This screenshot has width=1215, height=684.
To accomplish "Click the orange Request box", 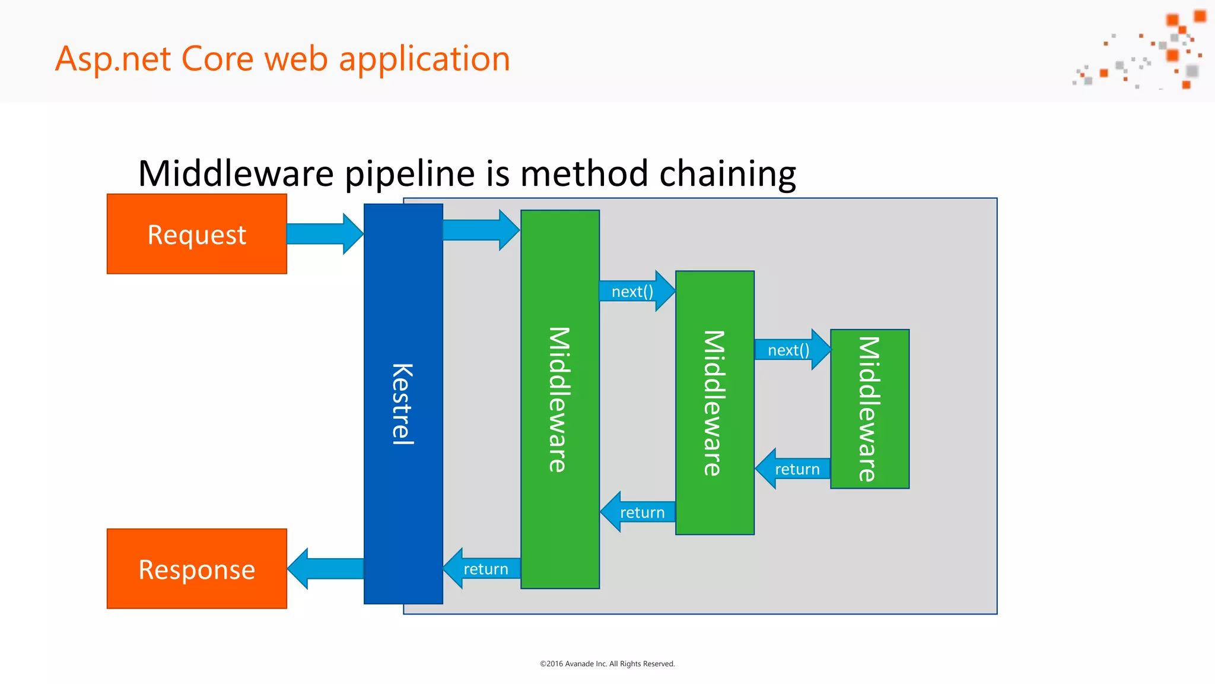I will (x=196, y=234).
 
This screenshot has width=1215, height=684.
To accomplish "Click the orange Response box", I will (x=196, y=569).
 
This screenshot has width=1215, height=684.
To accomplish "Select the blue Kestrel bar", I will (x=403, y=404).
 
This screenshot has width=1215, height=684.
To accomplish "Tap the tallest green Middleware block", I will (x=559, y=399).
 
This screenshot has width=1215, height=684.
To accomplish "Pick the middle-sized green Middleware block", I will (x=714, y=403).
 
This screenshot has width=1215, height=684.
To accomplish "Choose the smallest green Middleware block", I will (x=869, y=408).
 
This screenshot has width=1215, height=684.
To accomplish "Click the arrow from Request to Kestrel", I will (x=323, y=234).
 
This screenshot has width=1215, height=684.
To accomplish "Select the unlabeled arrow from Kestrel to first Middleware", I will (x=479, y=230).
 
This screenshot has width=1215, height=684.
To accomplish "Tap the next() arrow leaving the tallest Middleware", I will (x=635, y=291).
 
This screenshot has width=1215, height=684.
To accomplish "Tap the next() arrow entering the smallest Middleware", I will (x=790, y=350).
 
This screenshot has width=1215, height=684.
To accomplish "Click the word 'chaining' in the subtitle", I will (x=727, y=173).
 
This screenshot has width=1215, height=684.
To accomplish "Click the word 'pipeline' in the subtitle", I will (x=409, y=173).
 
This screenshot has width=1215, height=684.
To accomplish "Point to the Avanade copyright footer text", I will (x=607, y=664).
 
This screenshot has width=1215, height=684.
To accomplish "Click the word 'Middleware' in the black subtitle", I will (x=236, y=173).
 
